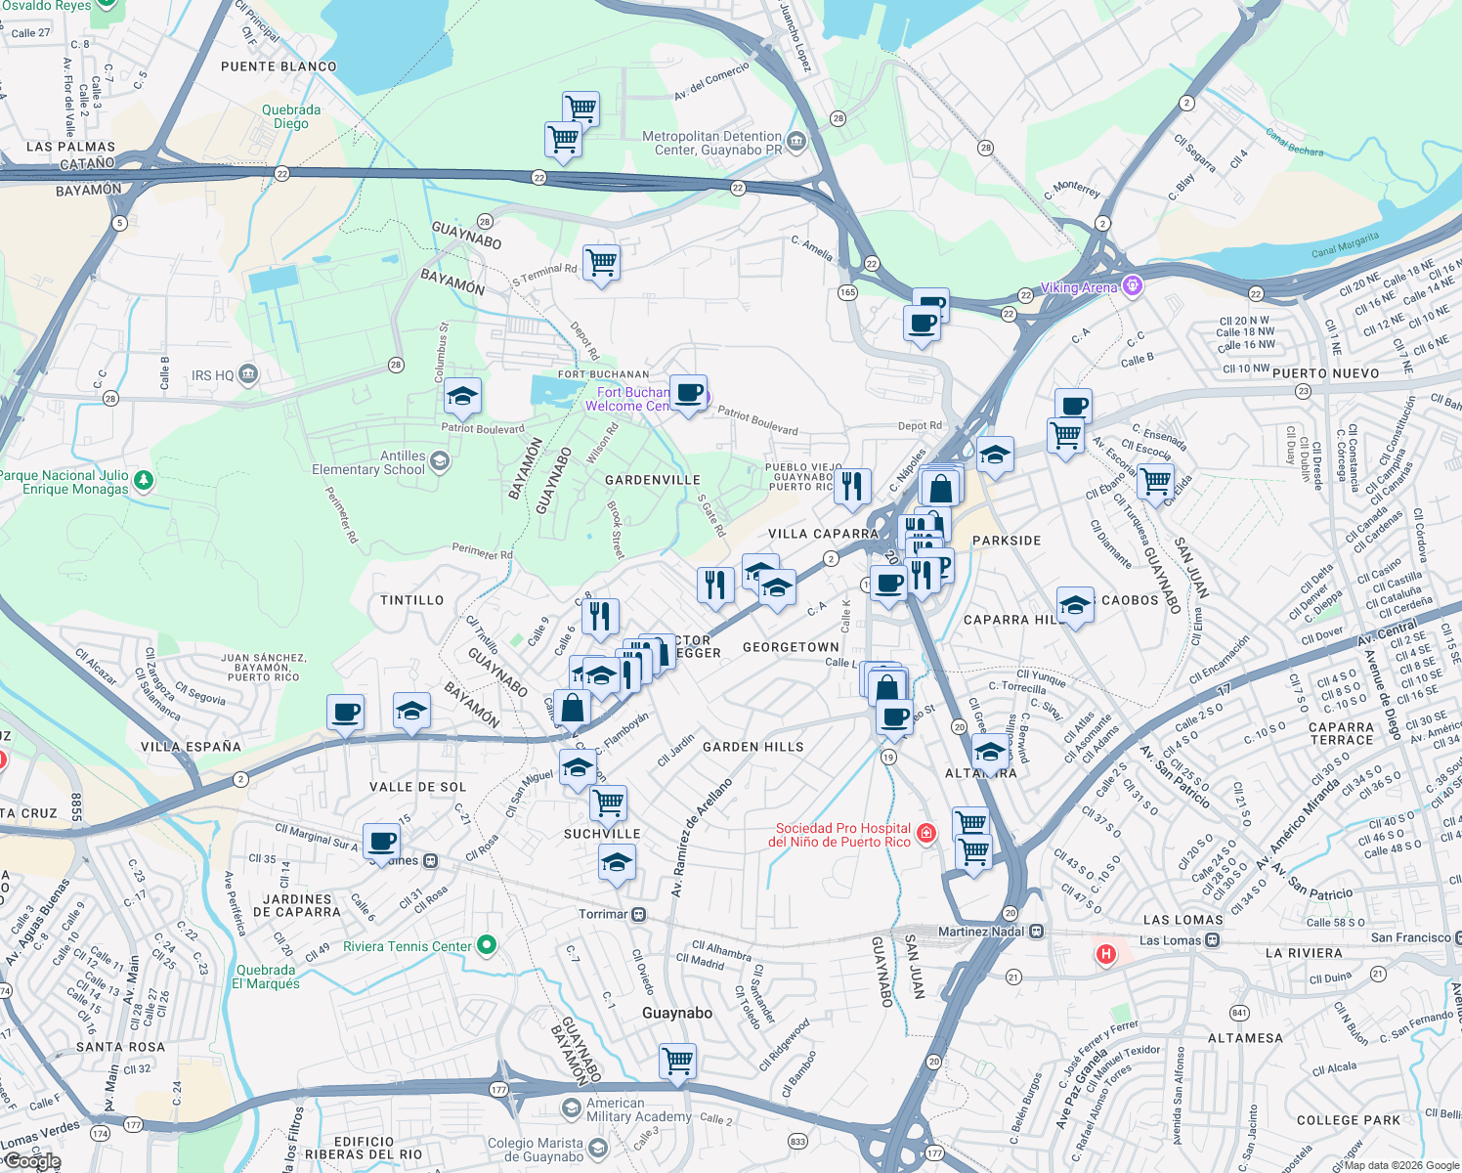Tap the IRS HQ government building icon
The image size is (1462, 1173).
pyautogui.click(x=248, y=373)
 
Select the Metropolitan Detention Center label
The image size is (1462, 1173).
pyautogui.click(x=711, y=143)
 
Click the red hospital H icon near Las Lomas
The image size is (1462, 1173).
pyautogui.click(x=1105, y=953)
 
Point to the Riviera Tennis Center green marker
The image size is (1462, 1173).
pyautogui.click(x=487, y=945)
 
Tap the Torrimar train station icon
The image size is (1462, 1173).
pyautogui.click(x=638, y=914)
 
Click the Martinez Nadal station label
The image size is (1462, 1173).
pyautogui.click(x=982, y=932)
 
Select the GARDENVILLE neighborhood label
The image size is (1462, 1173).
pyautogui.click(x=652, y=480)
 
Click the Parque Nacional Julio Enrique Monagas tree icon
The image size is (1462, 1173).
pyautogui.click(x=144, y=479)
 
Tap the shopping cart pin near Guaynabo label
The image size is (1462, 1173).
pyautogui.click(x=677, y=1060)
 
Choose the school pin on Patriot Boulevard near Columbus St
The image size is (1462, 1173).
pyautogui.click(x=461, y=397)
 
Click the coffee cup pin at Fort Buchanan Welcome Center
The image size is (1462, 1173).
pyautogui.click(x=689, y=393)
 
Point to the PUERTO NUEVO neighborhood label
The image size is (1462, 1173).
pyautogui.click(x=1325, y=373)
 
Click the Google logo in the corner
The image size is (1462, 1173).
pyautogui.click(x=31, y=1160)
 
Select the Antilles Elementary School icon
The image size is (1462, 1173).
pyautogui.click(x=440, y=461)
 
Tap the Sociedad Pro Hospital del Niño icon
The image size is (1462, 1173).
pyautogui.click(x=926, y=834)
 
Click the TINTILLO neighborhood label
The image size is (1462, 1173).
pyautogui.click(x=411, y=600)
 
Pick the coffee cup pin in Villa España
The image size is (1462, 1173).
pyautogui.click(x=345, y=713)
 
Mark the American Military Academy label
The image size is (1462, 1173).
pyautogui.click(x=638, y=1109)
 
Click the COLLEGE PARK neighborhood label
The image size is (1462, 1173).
pyautogui.click(x=1348, y=1120)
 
